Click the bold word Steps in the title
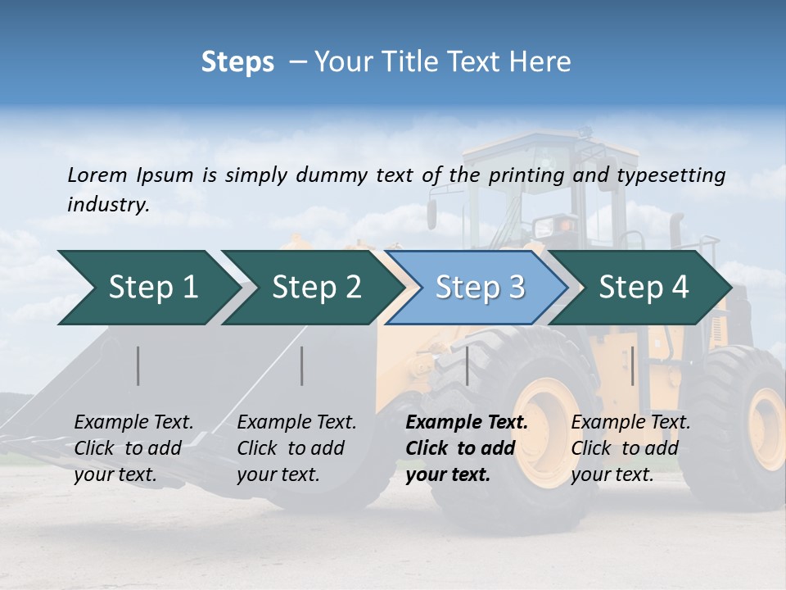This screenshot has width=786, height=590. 237,62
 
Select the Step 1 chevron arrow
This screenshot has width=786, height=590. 147,288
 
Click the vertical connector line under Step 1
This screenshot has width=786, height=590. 138,365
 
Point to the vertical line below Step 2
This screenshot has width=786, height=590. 302,365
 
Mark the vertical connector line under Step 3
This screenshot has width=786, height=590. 467,365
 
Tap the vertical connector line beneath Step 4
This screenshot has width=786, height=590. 632,365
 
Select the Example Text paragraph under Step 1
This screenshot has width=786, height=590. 133,448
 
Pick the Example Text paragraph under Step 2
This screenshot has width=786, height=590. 296,448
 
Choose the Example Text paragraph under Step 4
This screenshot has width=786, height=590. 630,448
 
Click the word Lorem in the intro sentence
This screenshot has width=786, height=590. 97,175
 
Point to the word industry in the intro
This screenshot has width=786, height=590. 108,205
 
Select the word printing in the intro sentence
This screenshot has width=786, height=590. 527,175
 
